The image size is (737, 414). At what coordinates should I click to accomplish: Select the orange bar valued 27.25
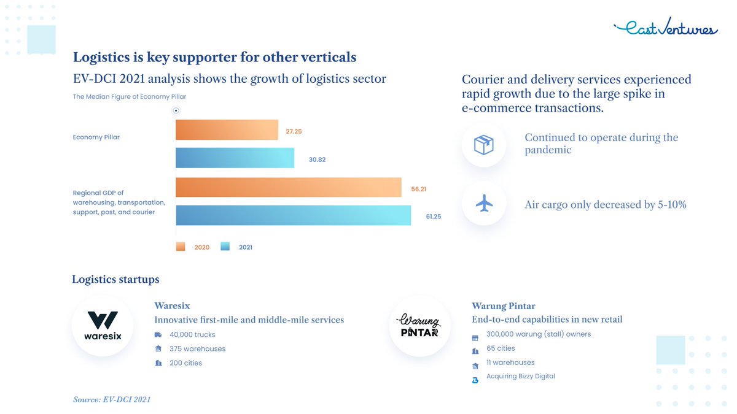pos(227,130)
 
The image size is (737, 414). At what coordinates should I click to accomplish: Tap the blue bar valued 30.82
pos(235,158)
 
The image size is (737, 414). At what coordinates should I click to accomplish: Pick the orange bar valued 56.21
pos(288,188)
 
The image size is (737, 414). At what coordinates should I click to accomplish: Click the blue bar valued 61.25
pos(293,215)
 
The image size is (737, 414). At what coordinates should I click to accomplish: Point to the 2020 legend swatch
pos(181,247)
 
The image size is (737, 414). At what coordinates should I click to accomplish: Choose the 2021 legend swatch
pos(225,247)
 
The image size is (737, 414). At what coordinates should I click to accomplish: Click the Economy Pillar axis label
pos(96,137)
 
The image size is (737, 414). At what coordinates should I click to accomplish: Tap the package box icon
pos(483,145)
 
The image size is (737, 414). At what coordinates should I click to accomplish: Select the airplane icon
pos(484,204)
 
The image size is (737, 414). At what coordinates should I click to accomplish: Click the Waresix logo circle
pos(103,326)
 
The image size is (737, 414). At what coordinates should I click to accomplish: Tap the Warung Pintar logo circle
pos(419,326)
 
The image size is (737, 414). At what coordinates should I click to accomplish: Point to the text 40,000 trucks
pos(192,335)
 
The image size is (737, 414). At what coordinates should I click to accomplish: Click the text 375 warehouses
pos(197,349)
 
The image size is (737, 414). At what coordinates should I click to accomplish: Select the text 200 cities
pos(185,363)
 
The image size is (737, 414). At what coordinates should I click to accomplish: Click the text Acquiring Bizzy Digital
pos(520,377)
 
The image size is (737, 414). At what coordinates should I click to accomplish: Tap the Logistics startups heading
pos(115,280)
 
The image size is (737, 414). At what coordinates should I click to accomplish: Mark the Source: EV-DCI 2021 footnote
pos(111,399)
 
